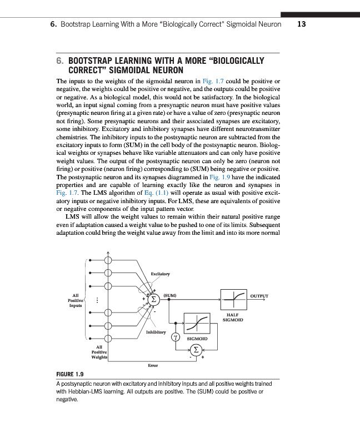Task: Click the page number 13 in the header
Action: click(x=302, y=25)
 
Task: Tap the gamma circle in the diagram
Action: click(x=174, y=336)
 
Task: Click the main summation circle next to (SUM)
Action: click(x=156, y=300)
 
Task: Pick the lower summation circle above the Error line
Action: click(x=196, y=349)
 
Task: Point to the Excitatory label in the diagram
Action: click(x=160, y=273)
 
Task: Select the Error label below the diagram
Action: click(x=153, y=365)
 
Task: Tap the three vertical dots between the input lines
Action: click(x=97, y=300)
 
